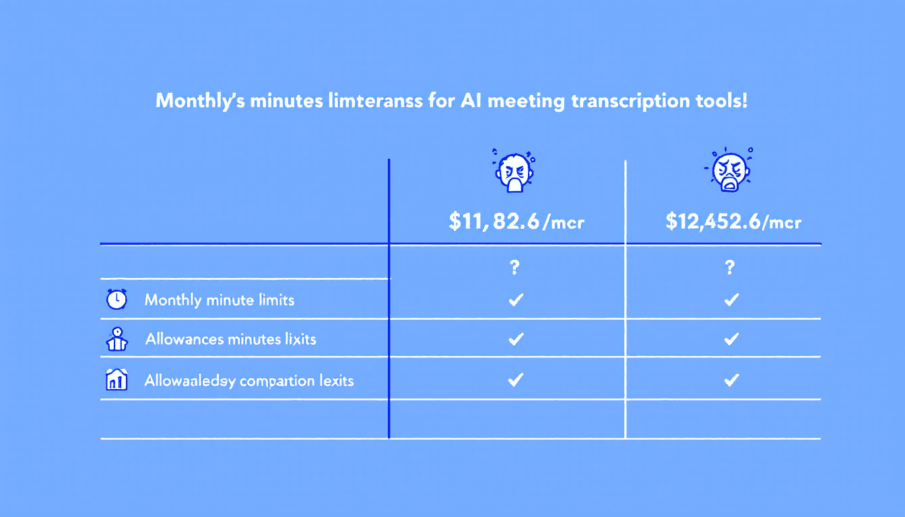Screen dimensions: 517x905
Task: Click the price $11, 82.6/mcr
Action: pyautogui.click(x=516, y=222)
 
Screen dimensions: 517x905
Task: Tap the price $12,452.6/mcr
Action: pyautogui.click(x=733, y=222)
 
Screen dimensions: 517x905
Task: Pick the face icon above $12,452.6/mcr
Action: pyautogui.click(x=731, y=169)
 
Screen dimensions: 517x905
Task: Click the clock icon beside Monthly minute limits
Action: pyautogui.click(x=116, y=300)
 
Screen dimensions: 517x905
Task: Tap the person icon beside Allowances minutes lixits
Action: pyautogui.click(x=117, y=339)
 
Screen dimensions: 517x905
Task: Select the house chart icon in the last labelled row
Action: pyautogui.click(x=116, y=380)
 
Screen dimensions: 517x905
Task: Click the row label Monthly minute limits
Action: pyautogui.click(x=220, y=300)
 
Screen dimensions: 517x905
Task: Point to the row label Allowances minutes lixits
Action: pyautogui.click(x=230, y=339)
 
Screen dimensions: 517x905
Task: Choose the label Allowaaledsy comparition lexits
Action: pyautogui.click(x=249, y=381)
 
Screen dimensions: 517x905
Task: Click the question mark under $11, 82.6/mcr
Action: pyautogui.click(x=515, y=268)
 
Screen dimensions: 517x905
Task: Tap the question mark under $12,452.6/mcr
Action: pyautogui.click(x=731, y=268)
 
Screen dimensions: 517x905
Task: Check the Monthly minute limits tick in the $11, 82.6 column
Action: pyautogui.click(x=516, y=300)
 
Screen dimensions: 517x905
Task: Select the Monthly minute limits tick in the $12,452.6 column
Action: pyautogui.click(x=731, y=300)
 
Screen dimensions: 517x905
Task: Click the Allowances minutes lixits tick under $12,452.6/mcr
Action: pyautogui.click(x=731, y=339)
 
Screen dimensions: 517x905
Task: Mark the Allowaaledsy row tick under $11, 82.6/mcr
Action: pyautogui.click(x=516, y=380)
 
